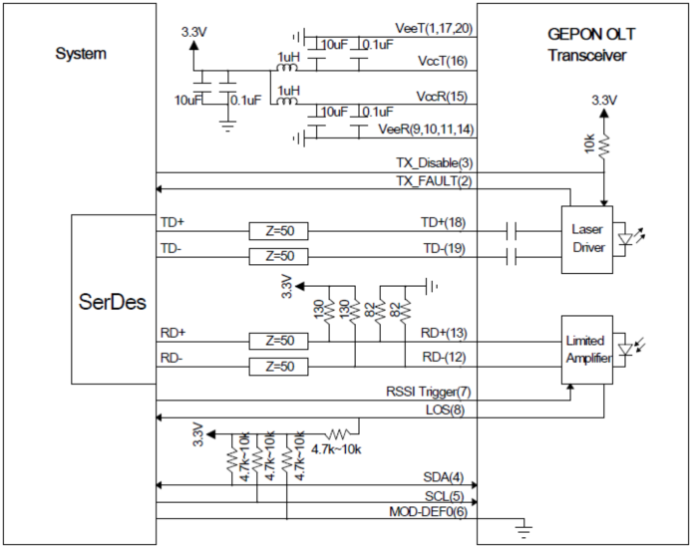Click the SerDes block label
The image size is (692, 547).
(112, 302)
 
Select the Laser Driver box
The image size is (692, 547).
(587, 239)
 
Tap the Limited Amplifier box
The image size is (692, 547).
(587, 350)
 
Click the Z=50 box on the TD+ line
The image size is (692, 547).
(278, 231)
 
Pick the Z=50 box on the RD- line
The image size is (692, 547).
(278, 367)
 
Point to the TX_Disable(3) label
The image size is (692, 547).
(435, 163)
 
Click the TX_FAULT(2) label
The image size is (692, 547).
(435, 181)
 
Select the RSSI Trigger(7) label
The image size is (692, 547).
(429, 392)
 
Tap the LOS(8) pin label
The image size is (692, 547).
(445, 410)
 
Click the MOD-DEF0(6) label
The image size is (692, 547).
(428, 512)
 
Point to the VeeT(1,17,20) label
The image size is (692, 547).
(434, 28)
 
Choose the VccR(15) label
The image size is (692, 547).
(442, 97)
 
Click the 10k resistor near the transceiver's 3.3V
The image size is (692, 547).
(603, 144)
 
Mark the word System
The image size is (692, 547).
(81, 54)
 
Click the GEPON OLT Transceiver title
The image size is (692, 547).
(590, 45)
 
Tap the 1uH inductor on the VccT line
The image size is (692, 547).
(287, 67)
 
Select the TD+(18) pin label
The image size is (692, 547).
(443, 222)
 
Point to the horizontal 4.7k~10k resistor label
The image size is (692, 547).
(336, 449)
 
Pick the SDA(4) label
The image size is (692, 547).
(444, 477)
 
